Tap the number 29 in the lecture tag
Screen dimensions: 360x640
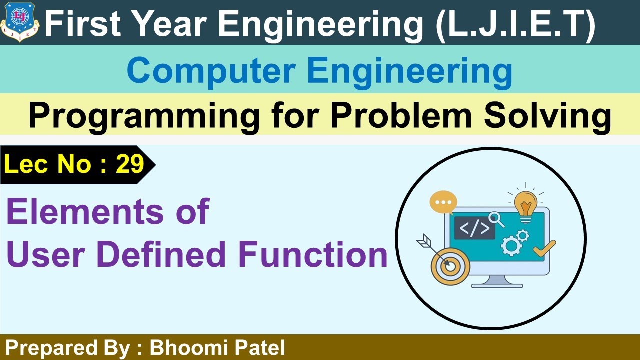pyautogui.click(x=130, y=164)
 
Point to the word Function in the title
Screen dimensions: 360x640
pyautogui.click(x=313, y=254)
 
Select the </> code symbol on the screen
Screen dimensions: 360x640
pyautogui.click(x=474, y=228)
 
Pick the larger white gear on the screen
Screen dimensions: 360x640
pyautogui.click(x=510, y=245)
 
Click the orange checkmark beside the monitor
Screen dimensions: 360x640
pyautogui.click(x=544, y=248)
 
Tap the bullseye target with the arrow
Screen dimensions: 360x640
pyautogui.click(x=449, y=265)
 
